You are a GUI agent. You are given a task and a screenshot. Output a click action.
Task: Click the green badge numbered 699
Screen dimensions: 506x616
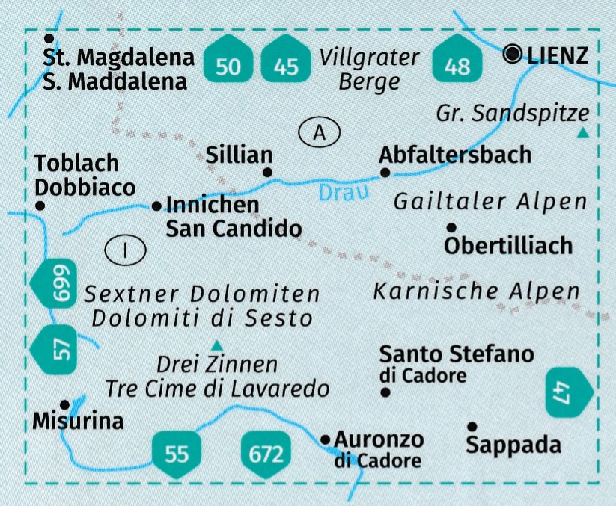coord(60,283)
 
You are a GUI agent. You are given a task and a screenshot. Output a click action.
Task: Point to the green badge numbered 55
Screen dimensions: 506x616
coord(176,451)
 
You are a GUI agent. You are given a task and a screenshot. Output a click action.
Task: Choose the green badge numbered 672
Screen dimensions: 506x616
coord(266,451)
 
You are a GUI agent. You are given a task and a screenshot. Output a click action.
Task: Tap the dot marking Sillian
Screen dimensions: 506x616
coord(268,173)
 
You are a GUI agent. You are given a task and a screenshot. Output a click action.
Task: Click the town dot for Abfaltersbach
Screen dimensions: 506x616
coord(385,173)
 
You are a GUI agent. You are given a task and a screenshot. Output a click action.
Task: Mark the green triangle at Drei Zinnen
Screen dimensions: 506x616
coord(217,345)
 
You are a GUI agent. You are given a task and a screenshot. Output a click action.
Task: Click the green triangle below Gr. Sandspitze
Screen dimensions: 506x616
coord(583,133)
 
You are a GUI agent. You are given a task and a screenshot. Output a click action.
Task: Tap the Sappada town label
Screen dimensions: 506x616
coord(513,445)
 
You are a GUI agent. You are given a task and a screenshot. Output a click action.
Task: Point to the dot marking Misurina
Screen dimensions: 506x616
coord(65,402)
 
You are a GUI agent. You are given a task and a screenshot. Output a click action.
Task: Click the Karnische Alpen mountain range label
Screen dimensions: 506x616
coord(476,291)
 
